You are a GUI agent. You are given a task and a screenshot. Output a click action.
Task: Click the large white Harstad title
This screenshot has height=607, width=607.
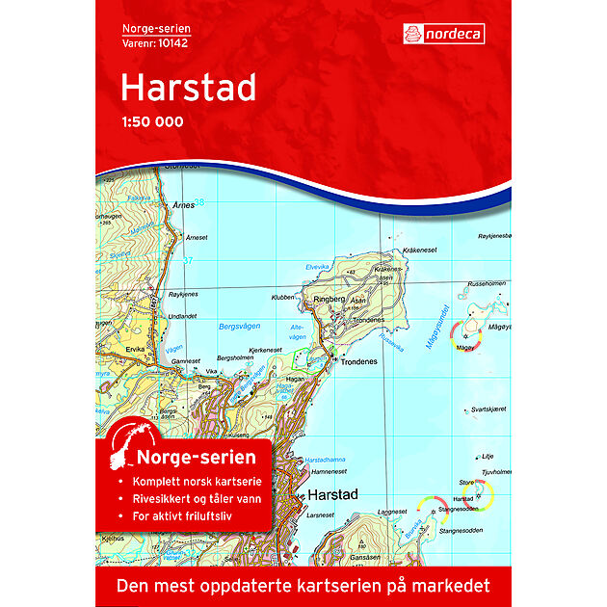click(x=188, y=88)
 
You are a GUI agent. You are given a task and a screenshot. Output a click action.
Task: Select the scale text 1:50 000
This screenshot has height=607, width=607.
click(x=151, y=122)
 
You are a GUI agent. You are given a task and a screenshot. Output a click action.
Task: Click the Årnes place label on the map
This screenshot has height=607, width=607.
click(x=183, y=205)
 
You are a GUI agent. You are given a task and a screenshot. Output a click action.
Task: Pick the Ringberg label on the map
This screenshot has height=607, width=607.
click(x=328, y=301)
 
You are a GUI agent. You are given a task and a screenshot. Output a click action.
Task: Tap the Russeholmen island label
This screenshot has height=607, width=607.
click(x=487, y=283)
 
